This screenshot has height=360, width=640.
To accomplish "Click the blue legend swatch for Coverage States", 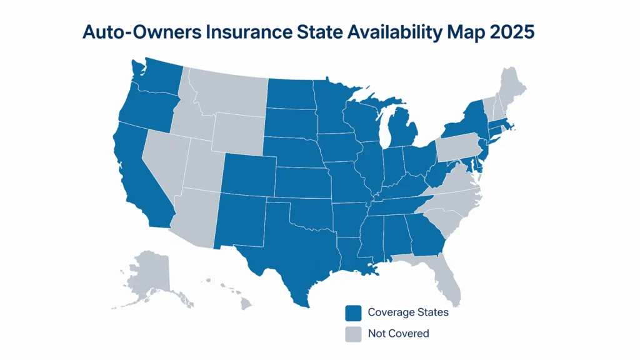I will (354, 312).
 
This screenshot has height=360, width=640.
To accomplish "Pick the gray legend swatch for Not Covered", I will (354, 334).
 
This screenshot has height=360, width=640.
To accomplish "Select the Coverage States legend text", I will (408, 312).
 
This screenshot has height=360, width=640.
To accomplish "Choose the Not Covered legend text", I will (399, 334).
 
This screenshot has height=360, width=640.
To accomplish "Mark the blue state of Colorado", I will (248, 174).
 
